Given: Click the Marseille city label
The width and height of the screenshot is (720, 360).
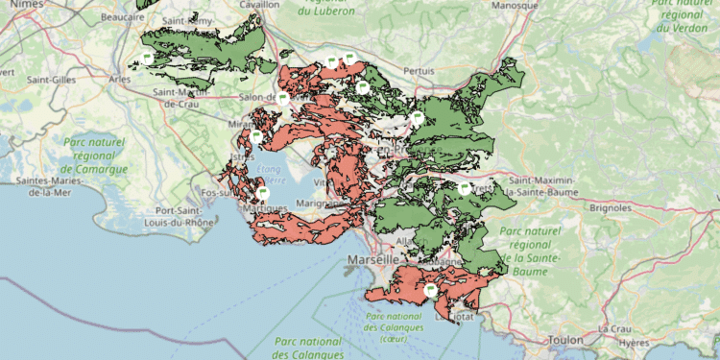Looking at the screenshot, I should pyautogui.click(x=372, y=260).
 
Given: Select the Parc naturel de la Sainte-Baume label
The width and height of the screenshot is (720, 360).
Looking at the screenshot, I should pyautogui.click(x=536, y=251).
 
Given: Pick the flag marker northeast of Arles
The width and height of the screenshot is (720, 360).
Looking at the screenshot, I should pyautogui.click(x=147, y=59).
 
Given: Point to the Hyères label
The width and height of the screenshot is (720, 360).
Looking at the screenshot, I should pyautogui.click(x=634, y=342).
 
